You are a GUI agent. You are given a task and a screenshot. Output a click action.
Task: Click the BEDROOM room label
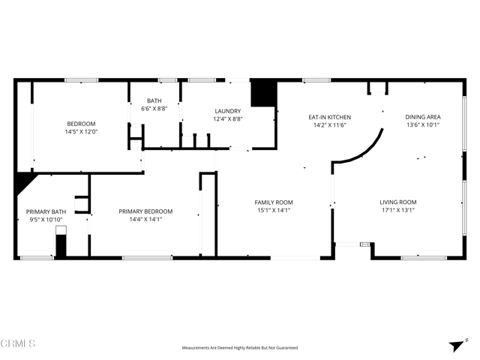[x=82, y=124]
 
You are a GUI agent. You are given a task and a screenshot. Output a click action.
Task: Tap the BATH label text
[x=154, y=100]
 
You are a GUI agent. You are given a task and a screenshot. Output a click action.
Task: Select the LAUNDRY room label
[x=228, y=110]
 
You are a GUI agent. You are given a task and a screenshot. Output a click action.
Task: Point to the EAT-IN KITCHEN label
[x=330, y=117]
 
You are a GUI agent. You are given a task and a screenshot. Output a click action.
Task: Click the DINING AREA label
[x=423, y=117]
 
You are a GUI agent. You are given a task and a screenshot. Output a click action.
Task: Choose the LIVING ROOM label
[x=397, y=202]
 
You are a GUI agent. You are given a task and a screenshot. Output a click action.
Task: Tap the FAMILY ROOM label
[x=274, y=202]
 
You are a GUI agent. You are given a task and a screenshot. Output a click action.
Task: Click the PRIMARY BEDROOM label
[x=145, y=211]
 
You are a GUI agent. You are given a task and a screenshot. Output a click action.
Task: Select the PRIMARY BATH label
[x=46, y=211]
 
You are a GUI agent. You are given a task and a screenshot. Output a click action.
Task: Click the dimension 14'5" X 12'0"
[x=82, y=132]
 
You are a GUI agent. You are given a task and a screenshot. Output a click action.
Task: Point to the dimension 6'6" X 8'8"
[x=154, y=109]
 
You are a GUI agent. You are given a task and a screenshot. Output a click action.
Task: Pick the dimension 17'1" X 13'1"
[x=397, y=211]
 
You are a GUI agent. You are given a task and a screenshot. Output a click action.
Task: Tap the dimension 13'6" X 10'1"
[x=423, y=125]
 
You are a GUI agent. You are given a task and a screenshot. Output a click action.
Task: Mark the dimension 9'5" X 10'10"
[x=46, y=220]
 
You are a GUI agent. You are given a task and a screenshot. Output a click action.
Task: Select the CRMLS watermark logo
[x=18, y=344]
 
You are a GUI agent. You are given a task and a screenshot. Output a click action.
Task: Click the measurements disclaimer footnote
[x=240, y=348]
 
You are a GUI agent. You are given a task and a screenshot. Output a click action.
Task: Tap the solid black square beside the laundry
[x=263, y=94]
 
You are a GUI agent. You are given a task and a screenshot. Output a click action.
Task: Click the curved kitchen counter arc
[x=364, y=150]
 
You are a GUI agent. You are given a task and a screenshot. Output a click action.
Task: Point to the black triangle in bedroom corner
[x=23, y=182]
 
